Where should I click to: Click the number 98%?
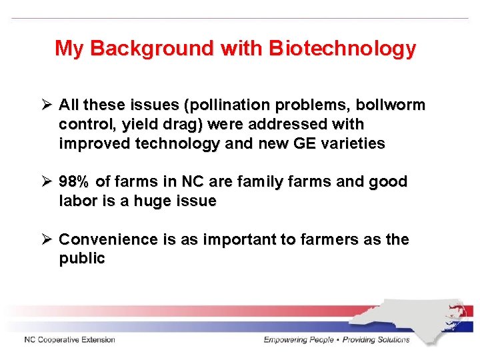coord(75,182)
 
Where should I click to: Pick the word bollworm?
coord(390,105)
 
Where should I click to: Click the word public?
coord(82,259)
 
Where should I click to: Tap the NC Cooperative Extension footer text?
coord(69,340)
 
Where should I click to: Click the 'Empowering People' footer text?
coord(299,340)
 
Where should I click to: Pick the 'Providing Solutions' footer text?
coord(376,340)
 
